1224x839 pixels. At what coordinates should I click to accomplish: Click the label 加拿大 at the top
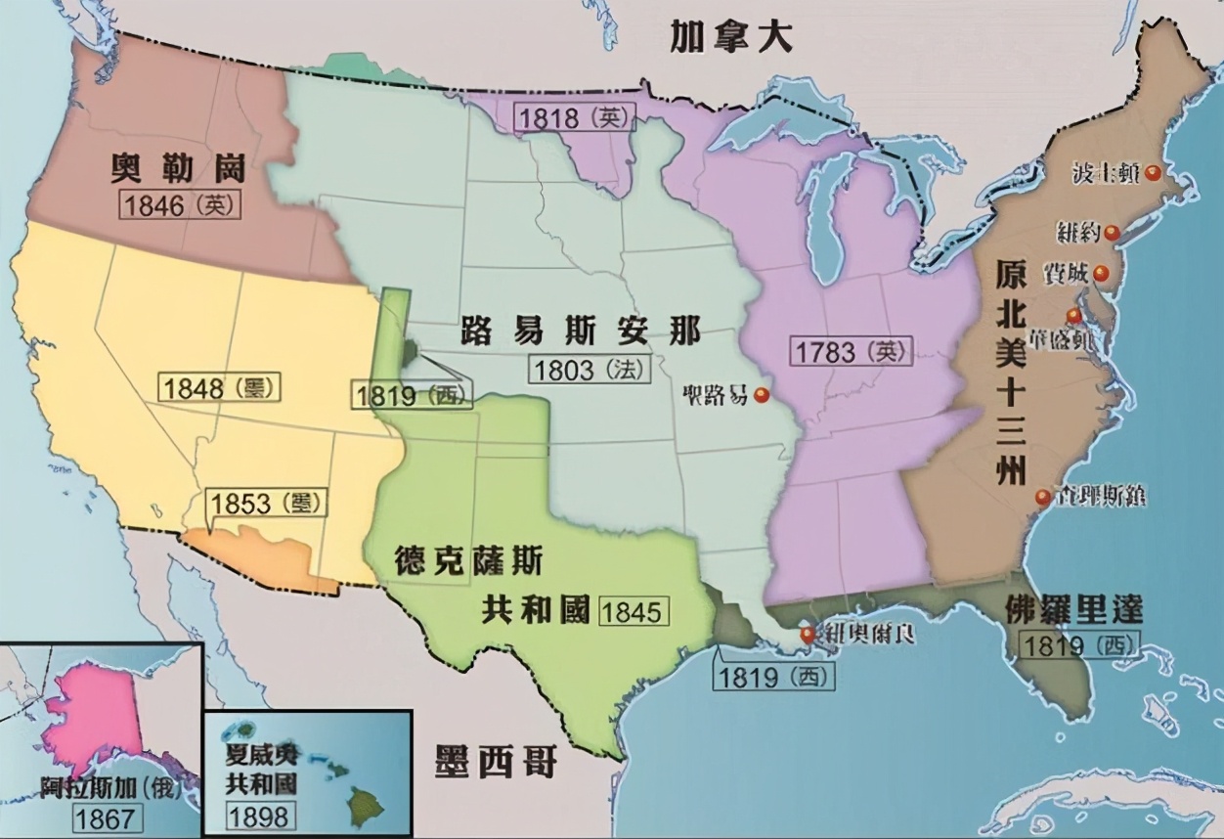coord(730,39)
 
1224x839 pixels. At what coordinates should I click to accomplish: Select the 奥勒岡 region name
coord(178,168)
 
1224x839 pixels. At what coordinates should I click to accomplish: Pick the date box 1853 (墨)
coord(265,504)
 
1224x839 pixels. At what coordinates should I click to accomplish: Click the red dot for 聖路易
coord(762,395)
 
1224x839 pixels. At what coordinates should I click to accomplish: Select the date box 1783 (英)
coord(849,351)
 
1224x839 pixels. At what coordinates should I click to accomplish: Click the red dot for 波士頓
coord(1154,173)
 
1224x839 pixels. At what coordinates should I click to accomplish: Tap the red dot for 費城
coord(1101,273)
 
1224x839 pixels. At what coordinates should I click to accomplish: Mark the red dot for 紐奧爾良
coord(808,633)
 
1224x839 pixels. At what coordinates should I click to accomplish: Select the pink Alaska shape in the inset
coord(98,714)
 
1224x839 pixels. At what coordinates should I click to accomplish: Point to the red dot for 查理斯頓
coord(1043,498)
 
